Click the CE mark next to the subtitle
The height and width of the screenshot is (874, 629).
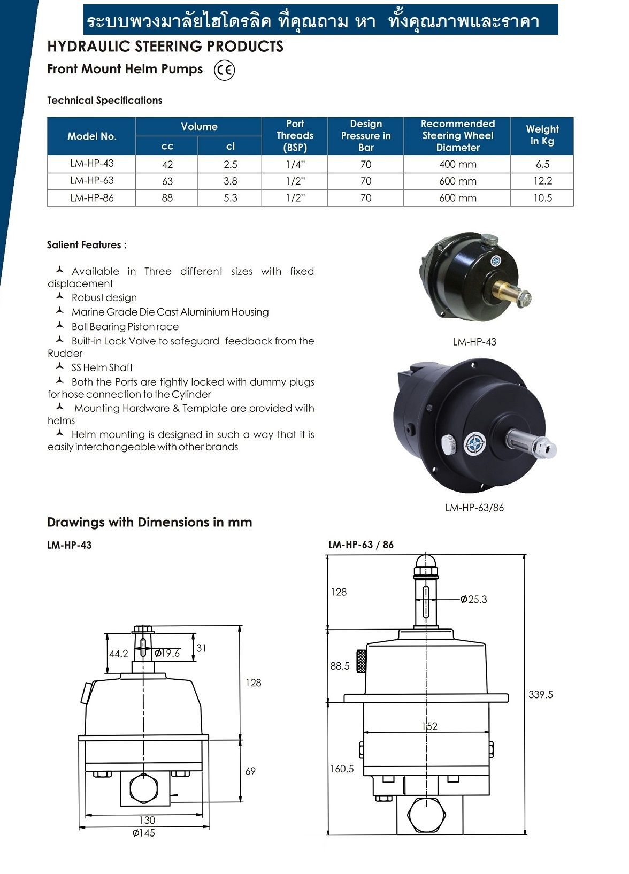pyautogui.click(x=224, y=70)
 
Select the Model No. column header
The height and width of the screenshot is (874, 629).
pyautogui.click(x=91, y=136)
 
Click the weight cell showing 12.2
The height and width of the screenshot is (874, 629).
pyautogui.click(x=542, y=181)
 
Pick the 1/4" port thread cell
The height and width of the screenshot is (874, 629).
pyautogui.click(x=295, y=164)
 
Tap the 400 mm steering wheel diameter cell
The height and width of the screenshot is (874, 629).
pyautogui.click(x=458, y=164)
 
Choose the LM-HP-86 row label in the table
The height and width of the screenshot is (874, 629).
pyautogui.click(x=91, y=198)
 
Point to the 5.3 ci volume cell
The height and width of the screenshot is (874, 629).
pyautogui.click(x=230, y=198)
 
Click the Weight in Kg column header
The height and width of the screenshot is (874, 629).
pyautogui.click(x=542, y=135)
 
